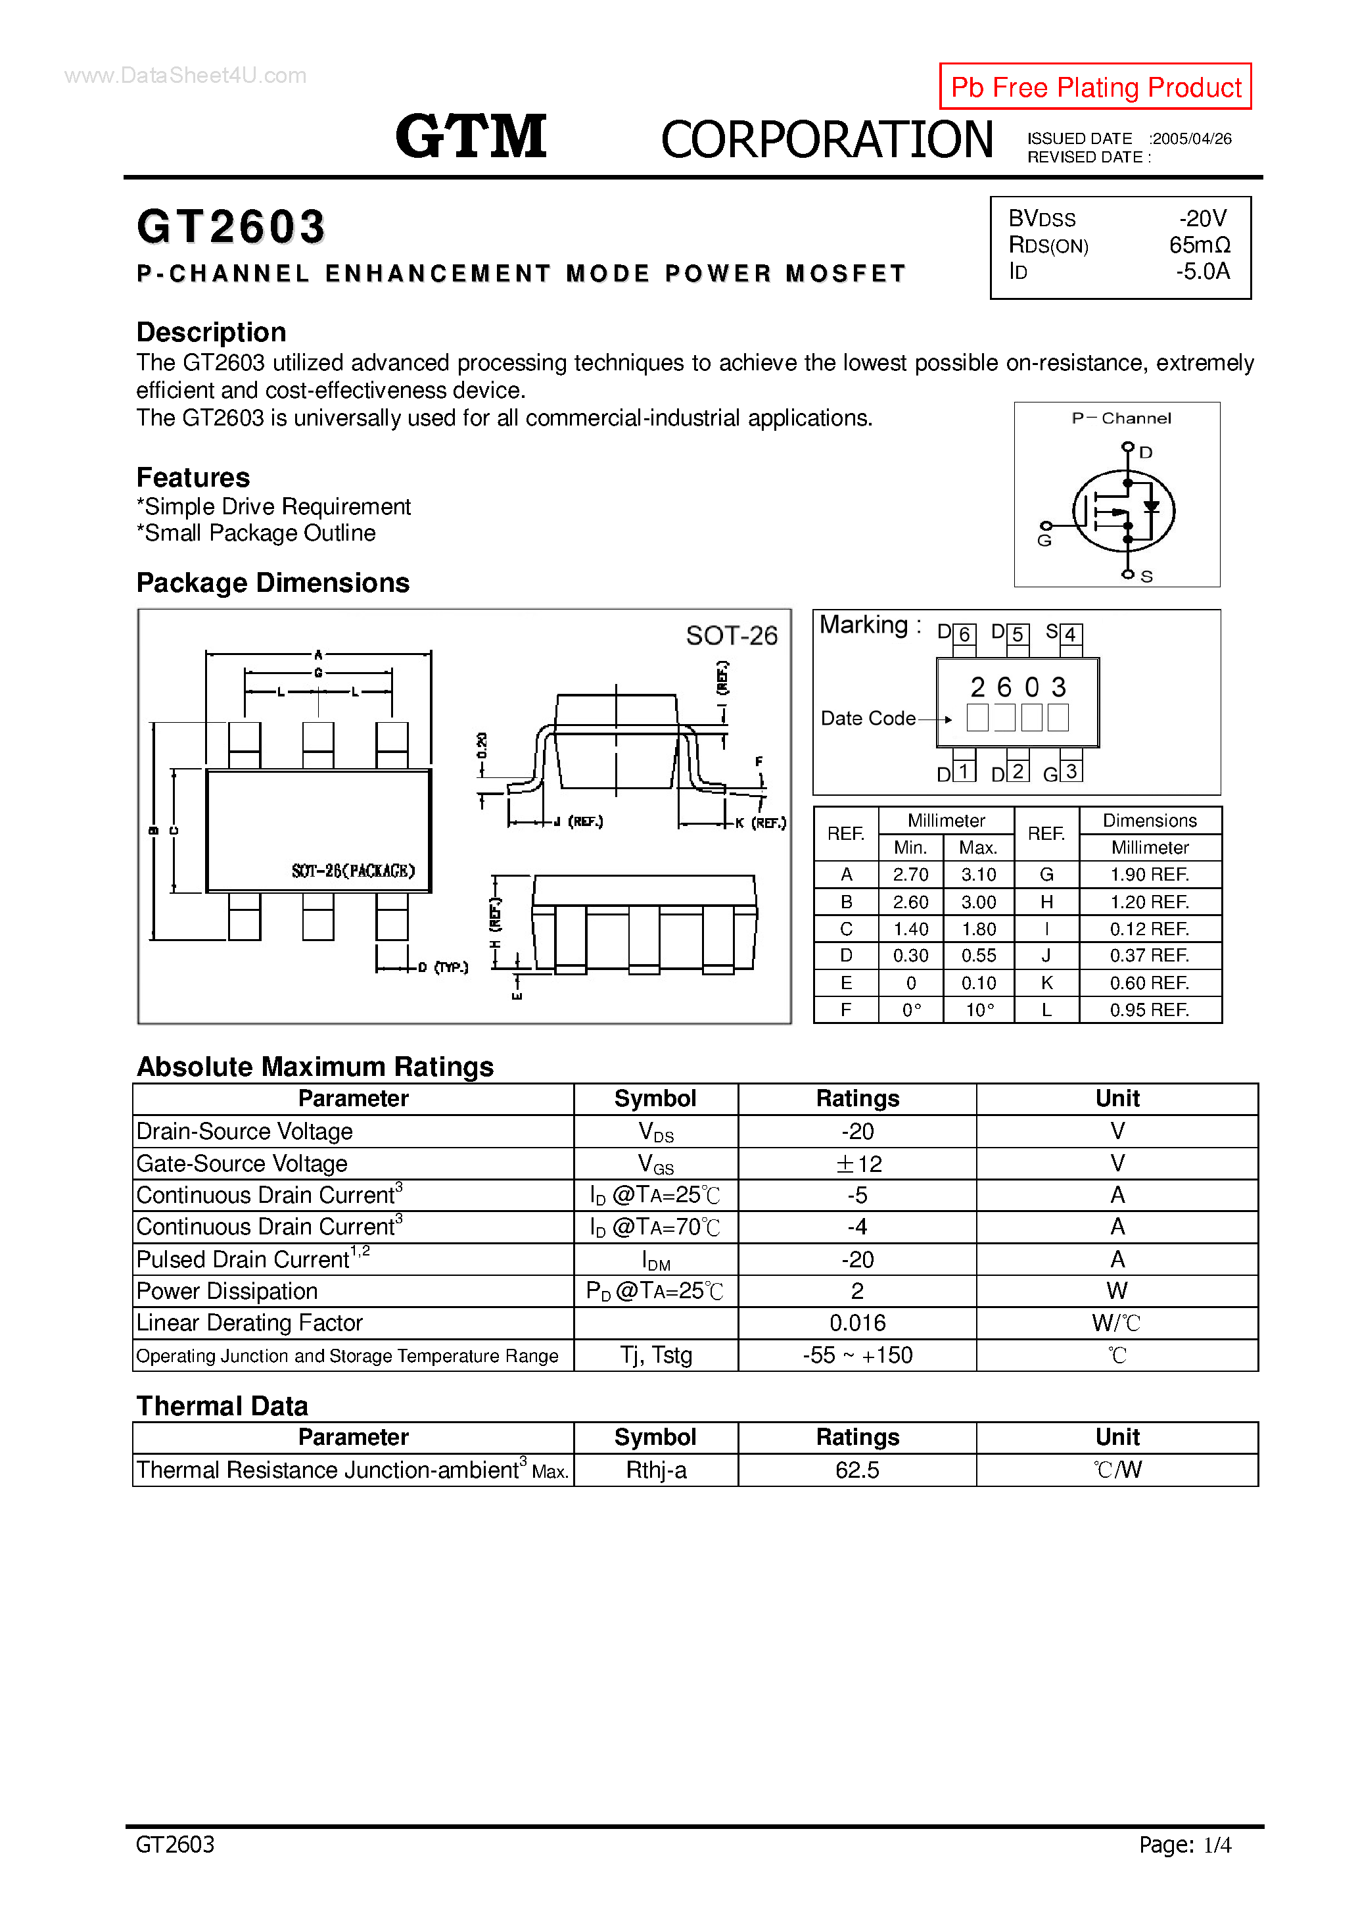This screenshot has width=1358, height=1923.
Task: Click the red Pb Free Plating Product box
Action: click(x=1094, y=86)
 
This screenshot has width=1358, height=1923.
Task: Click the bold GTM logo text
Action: click(x=471, y=137)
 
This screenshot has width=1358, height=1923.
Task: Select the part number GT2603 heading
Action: click(x=231, y=227)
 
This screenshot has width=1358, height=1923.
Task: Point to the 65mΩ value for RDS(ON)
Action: click(x=1199, y=245)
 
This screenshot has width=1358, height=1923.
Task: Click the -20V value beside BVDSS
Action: click(x=1202, y=218)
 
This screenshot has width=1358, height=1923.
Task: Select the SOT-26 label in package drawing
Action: click(x=731, y=636)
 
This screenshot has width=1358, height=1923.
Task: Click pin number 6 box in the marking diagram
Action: click(x=964, y=634)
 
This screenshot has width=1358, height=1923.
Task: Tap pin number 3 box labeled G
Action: click(x=1071, y=771)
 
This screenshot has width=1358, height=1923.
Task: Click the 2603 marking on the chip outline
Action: click(x=1018, y=688)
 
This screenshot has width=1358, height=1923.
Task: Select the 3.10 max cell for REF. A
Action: click(x=978, y=875)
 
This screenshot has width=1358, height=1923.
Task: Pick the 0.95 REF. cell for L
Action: click(x=1149, y=1010)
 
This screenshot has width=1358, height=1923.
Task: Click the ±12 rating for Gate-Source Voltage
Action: click(x=857, y=1163)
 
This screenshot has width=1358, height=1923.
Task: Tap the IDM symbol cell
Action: click(x=655, y=1259)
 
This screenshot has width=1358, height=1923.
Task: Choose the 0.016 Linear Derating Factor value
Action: click(x=857, y=1323)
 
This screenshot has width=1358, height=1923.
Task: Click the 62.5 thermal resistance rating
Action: click(x=857, y=1470)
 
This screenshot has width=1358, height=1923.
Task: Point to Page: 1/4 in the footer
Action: click(x=1184, y=1844)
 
